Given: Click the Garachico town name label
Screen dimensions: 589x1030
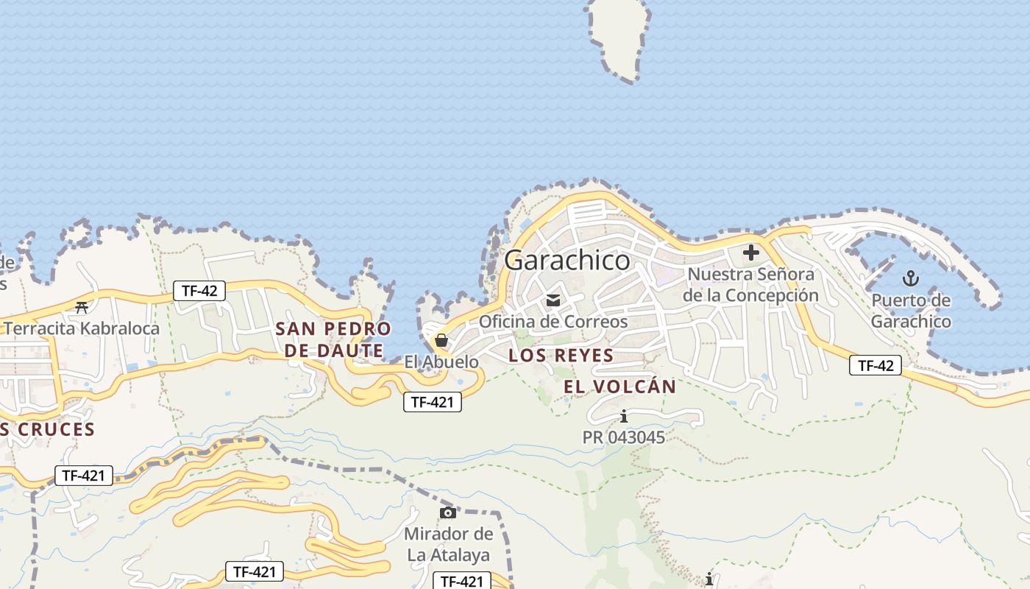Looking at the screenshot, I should [567, 261].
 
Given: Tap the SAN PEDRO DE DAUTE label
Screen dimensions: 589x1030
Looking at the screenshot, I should [333, 339].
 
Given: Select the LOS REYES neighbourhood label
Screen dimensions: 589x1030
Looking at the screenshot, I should [561, 356].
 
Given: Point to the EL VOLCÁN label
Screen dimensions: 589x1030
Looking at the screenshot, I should [620, 387].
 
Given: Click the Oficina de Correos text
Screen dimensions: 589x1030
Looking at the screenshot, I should [553, 322].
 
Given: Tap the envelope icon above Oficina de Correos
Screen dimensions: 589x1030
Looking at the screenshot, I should [553, 300].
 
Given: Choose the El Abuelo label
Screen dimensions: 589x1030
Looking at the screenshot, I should [441, 362].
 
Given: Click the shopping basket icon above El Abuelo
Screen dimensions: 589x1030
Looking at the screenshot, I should [441, 340].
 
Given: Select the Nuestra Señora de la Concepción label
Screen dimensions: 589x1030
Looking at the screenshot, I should [750, 285].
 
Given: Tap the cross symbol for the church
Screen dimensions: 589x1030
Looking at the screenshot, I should [751, 253].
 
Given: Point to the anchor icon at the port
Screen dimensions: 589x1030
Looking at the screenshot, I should [911, 278].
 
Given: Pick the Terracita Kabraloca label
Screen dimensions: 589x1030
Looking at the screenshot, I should [82, 328].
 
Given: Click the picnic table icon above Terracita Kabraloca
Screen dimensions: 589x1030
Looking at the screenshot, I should [82, 307].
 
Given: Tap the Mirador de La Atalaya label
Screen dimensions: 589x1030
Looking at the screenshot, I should [448, 544].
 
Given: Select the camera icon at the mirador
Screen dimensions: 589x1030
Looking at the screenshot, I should [447, 512].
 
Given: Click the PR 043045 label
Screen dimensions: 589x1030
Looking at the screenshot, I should [624, 437].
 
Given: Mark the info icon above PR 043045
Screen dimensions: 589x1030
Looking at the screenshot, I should [624, 417].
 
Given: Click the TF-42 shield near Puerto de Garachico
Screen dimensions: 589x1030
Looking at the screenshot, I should [876, 365].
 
